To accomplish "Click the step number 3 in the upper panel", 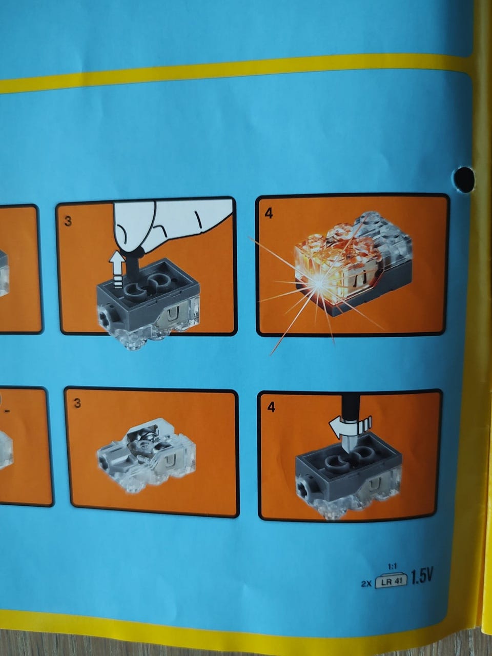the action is (68, 221).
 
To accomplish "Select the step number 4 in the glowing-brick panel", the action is (269, 213).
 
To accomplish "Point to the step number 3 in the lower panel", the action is (77, 403).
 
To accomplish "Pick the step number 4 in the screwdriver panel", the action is (271, 407).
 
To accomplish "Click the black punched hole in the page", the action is (464, 179).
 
